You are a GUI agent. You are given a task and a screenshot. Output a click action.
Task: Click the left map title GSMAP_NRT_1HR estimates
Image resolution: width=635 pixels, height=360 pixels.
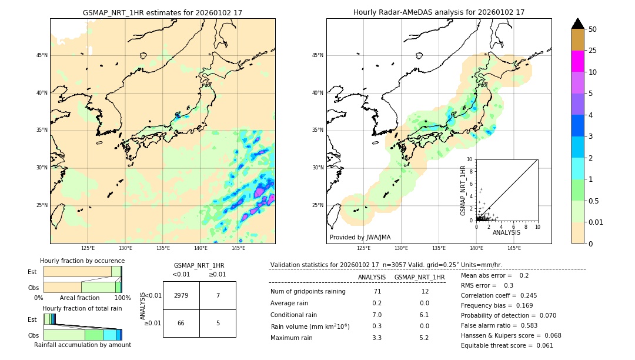[162, 12]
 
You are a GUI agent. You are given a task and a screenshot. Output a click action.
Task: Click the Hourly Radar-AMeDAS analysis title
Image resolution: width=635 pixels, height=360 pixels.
[439, 12]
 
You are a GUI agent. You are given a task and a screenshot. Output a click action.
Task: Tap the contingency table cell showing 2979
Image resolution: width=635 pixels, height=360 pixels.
[181, 295]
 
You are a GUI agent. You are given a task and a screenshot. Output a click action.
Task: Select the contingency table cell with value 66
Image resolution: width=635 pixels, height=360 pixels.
[181, 323]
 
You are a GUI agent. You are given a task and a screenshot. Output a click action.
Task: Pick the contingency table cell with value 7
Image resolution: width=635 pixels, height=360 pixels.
[218, 295]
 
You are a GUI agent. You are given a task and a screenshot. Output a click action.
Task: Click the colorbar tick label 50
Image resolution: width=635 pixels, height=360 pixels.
[593, 29]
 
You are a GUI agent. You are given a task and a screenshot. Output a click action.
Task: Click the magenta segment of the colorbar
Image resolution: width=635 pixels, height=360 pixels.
[577, 61]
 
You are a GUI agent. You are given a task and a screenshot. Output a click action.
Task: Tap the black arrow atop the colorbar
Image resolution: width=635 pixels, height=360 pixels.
[577, 24]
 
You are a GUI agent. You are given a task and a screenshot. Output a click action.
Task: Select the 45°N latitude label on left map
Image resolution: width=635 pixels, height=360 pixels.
[42, 55]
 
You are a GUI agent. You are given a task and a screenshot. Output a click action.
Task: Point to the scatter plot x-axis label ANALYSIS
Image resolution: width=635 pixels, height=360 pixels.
[506, 232]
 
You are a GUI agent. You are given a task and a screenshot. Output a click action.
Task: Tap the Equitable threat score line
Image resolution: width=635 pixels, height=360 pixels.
[507, 345]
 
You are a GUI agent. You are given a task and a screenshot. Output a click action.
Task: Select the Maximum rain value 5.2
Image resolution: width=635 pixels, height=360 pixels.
[423, 338]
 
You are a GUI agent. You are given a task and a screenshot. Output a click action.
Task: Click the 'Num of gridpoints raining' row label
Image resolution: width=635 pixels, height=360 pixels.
[308, 291]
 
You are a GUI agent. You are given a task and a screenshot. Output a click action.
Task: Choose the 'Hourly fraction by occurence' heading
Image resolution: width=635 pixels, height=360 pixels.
[82, 261]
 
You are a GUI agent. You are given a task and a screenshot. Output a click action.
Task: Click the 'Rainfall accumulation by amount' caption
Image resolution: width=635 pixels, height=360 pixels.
[82, 345]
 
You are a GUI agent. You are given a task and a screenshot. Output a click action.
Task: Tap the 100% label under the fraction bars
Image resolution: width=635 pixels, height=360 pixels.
[122, 298]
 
